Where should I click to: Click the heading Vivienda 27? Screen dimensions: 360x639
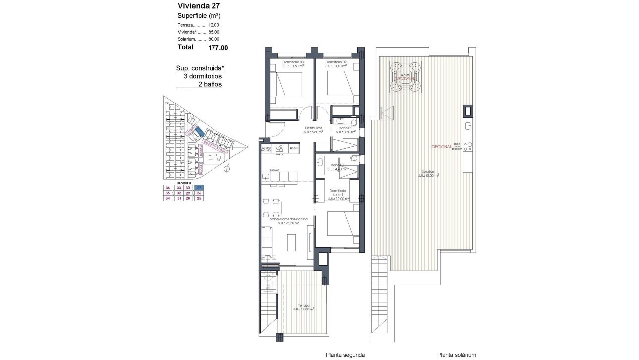(199, 6)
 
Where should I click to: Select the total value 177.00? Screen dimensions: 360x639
(218, 48)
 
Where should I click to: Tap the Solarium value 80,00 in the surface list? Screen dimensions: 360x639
(214, 39)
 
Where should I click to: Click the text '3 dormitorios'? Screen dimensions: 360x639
(203, 76)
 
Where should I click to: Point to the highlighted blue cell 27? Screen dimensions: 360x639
(199, 188)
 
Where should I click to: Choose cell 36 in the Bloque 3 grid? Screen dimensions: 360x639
(168, 188)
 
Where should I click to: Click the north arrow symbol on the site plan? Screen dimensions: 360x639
(227, 170)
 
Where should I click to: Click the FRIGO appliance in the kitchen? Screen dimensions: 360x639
(294, 148)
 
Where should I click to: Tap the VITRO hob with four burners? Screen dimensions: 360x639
(279, 148)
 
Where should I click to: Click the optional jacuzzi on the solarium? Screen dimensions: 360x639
(405, 77)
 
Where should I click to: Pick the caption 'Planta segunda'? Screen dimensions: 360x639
(345, 355)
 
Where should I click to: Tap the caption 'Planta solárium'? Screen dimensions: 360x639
(456, 355)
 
